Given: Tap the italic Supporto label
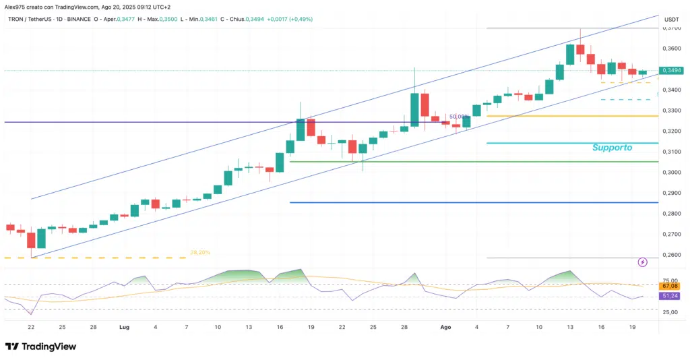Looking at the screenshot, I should coord(612,147).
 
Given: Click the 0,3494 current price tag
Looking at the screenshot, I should coord(671,70).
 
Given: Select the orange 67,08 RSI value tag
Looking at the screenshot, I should coord(671,286).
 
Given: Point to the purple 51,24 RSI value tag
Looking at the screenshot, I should coord(671,296).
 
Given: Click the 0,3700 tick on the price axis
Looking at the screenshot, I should coord(671,28).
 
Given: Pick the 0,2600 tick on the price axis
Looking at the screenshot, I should coord(671,255).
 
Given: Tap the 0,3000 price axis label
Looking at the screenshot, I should coord(671,173).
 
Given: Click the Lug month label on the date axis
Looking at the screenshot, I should coord(124,326).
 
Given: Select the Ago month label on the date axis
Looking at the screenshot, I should coord(445,326).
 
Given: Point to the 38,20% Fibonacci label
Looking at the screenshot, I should coord(200,252).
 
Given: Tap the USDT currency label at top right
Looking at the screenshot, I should coord(671,19).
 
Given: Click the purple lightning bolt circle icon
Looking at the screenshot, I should coord(642,261).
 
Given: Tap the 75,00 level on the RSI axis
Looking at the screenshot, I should coord(671,280).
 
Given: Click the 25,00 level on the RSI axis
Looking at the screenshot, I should coord(671,312).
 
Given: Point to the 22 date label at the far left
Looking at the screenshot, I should coord(31,326).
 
